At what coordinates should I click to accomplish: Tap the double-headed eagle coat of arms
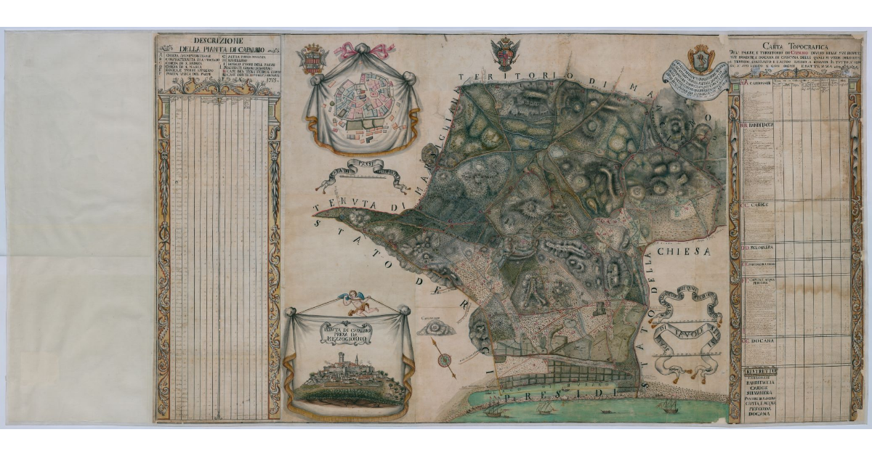click(505, 54)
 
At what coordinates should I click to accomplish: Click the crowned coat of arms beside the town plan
click(312, 58)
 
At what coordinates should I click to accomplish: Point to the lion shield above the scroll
click(701, 57)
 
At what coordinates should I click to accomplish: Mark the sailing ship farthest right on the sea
click(668, 406)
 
